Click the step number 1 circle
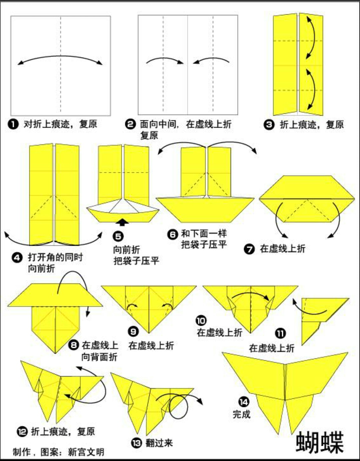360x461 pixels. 13,124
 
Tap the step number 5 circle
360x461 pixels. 118,237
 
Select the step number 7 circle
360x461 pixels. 249,249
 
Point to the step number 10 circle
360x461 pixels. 201,321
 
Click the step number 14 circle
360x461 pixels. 244,402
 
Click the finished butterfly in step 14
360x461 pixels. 285,383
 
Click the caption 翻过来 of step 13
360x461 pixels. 159,443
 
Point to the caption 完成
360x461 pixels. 241,414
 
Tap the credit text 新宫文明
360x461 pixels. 86,452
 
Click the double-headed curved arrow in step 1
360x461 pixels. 60,59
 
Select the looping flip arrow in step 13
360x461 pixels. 180,405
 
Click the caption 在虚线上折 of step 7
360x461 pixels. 282,249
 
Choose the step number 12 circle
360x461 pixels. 22,432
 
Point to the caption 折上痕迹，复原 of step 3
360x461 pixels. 312,125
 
